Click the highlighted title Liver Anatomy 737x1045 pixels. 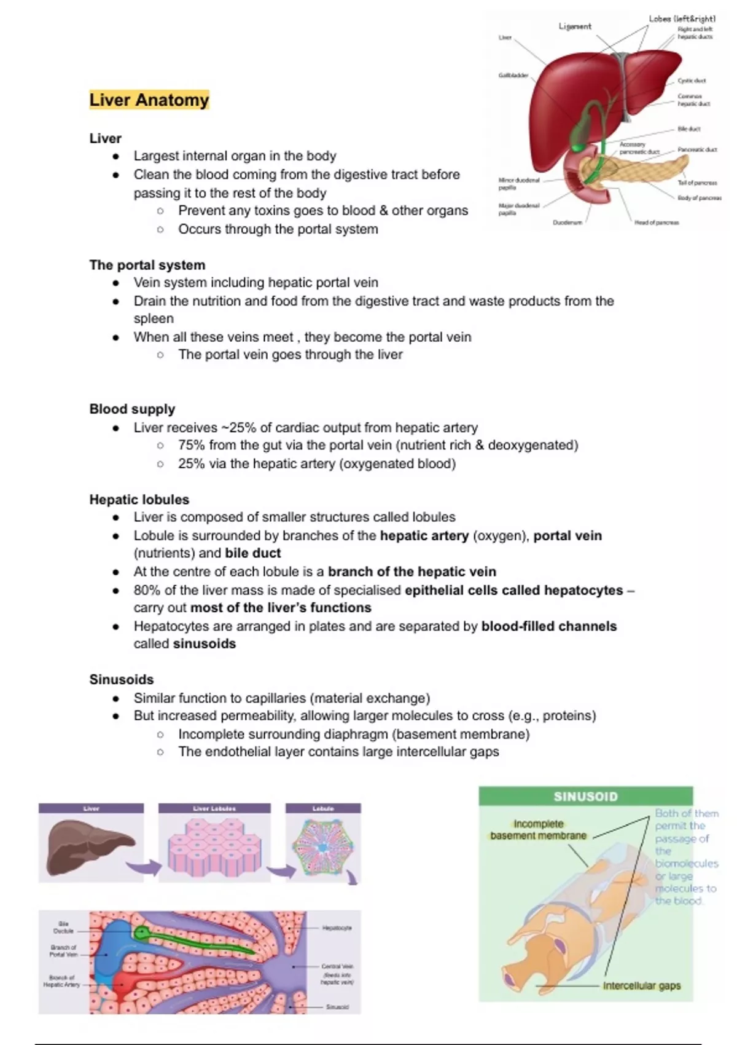click(x=149, y=100)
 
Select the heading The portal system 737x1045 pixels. click(x=147, y=265)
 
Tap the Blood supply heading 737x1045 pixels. click(x=132, y=409)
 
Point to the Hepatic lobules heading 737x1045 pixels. click(x=139, y=499)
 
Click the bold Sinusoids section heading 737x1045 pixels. click(x=122, y=679)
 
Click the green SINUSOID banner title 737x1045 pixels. click(x=585, y=797)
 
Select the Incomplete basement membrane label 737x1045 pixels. click(x=539, y=830)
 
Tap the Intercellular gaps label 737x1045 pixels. click(x=642, y=986)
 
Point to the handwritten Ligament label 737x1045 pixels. click(x=575, y=26)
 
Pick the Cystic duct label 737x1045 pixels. click(x=692, y=81)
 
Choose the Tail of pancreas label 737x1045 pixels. click(x=697, y=183)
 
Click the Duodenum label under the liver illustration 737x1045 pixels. click(x=567, y=223)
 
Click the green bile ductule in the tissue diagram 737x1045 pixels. click(x=197, y=940)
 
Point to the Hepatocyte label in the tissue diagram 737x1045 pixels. click(x=337, y=928)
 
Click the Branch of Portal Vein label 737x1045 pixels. click(x=63, y=951)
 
